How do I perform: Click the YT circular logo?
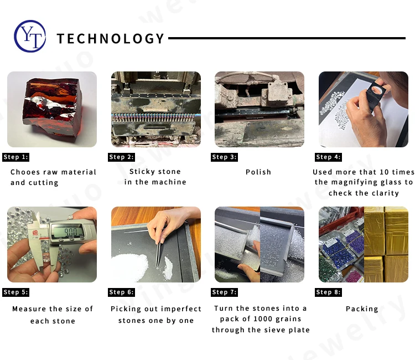30,37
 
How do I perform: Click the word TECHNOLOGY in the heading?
111,39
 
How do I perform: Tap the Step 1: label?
15,157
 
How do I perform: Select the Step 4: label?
328,157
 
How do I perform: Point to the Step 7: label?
224,292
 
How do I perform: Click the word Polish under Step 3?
258,172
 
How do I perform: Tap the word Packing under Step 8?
362,309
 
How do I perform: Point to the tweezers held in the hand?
159,254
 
